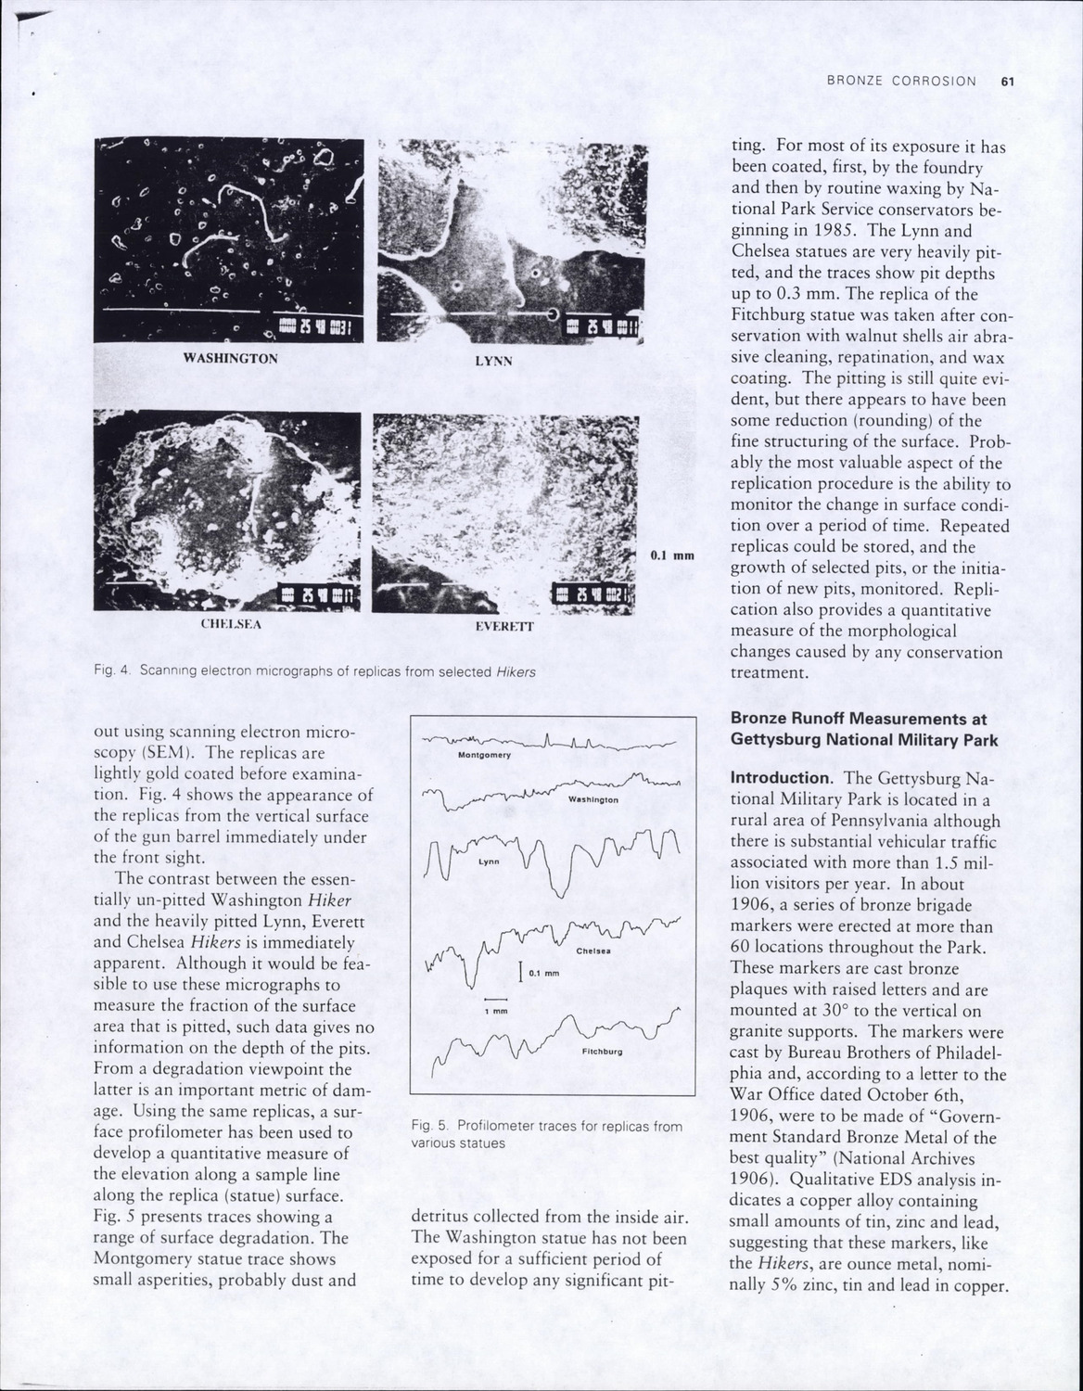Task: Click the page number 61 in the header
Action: [x=1009, y=82]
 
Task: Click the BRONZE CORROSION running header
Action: [x=901, y=82]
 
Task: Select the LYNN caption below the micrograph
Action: [x=493, y=361]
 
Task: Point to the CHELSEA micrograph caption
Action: [x=231, y=624]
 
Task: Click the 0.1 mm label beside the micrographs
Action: [x=672, y=555]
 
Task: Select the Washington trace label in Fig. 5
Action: [x=592, y=799]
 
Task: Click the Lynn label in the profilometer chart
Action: [x=488, y=861]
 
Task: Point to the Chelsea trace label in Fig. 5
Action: [x=591, y=951]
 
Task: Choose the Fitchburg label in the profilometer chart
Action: [x=601, y=1052]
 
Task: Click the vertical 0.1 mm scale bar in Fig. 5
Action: [x=520, y=972]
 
